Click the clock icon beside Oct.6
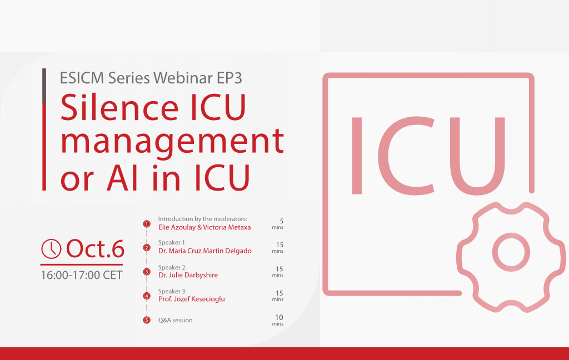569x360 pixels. click(51, 249)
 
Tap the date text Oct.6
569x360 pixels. click(95, 249)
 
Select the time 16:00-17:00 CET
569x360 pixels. click(82, 275)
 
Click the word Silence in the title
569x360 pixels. click(119, 107)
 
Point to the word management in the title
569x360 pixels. click(172, 142)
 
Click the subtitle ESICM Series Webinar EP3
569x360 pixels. click(151, 78)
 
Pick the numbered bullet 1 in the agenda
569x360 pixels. click(147, 224)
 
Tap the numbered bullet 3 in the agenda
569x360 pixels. click(147, 272)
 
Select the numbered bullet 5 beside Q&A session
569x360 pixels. click(147, 320)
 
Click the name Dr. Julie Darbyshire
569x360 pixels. click(188, 275)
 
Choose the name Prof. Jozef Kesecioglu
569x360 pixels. click(192, 299)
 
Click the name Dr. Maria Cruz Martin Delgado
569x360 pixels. click(204, 251)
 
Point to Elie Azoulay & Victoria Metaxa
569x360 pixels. click(204, 227)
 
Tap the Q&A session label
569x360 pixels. click(175, 321)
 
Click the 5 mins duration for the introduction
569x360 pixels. click(278, 223)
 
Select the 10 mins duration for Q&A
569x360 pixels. click(278, 320)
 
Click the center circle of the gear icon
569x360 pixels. click(511, 252)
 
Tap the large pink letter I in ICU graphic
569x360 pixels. click(357, 156)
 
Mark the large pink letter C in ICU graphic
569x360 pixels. click(407, 156)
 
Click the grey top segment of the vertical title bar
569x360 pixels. click(44, 86)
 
